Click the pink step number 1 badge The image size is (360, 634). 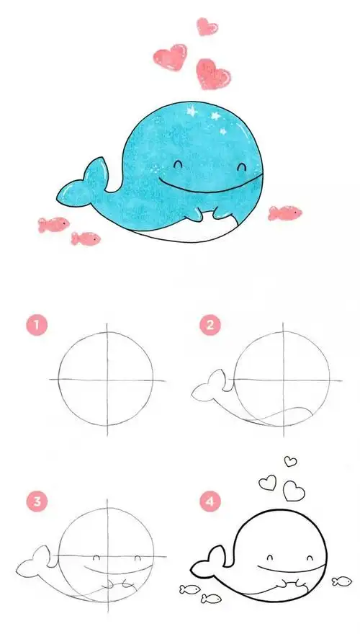(x=37, y=326)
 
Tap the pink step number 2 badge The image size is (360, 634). (x=210, y=326)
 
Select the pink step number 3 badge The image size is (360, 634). (x=37, y=501)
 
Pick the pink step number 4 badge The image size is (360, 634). (x=210, y=501)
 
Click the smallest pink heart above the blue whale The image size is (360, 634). (x=207, y=26)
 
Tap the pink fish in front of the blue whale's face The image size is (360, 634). (x=285, y=213)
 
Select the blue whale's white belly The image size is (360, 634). (x=190, y=231)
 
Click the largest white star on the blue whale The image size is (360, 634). (x=192, y=110)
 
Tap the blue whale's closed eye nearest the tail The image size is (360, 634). (x=178, y=164)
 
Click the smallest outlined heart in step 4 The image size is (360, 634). (x=290, y=461)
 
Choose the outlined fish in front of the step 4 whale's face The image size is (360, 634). (x=341, y=581)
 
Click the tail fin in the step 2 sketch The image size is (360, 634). (x=212, y=385)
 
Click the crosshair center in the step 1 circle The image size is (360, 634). (x=107, y=380)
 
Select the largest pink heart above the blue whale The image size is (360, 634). (x=213, y=74)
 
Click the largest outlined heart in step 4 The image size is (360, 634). (x=294, y=491)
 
